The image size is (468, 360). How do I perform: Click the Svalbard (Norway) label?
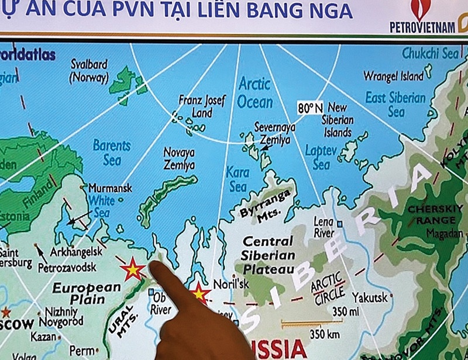[x=90, y=70]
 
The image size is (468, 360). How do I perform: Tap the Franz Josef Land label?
[x=202, y=106]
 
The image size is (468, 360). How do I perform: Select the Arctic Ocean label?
[x=254, y=93]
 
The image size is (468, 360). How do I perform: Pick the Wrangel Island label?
[x=393, y=77]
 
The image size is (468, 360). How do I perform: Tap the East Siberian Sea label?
[x=395, y=104]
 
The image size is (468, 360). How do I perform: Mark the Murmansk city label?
[x=110, y=188]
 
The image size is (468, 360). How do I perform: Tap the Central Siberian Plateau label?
[x=268, y=255]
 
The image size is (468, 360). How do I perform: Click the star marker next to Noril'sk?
[x=199, y=293]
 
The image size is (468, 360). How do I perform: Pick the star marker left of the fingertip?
[x=132, y=270]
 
